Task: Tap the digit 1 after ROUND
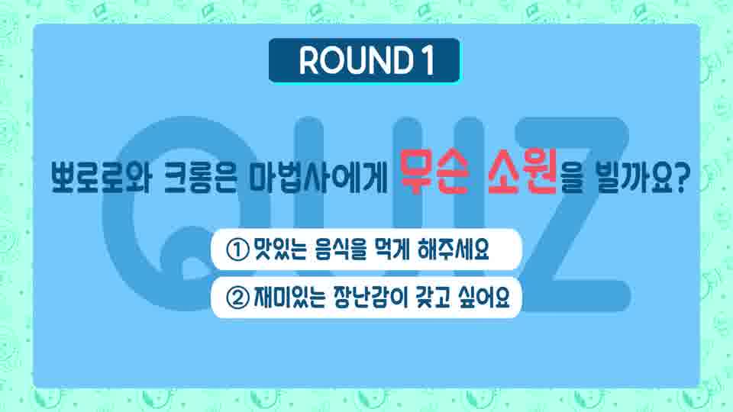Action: point(428,60)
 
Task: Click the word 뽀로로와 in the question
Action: point(100,178)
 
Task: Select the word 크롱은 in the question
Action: point(202,178)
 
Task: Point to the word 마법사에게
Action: point(318,178)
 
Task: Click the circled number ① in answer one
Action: point(237,249)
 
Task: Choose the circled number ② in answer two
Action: point(237,298)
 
